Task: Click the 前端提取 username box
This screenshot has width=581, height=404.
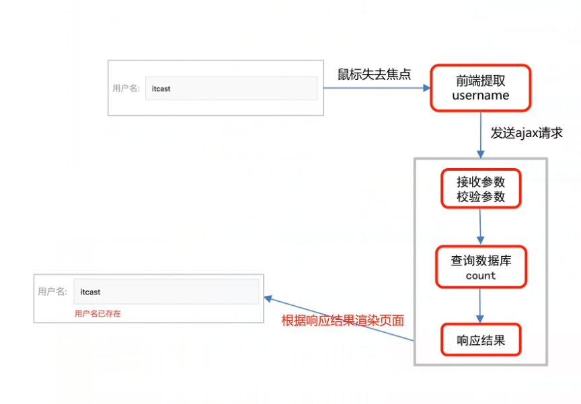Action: pos(480,87)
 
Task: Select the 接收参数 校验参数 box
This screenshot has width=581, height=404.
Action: pos(480,189)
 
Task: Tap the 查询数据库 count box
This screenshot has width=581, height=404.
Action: pos(480,267)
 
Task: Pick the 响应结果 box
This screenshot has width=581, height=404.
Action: pos(480,340)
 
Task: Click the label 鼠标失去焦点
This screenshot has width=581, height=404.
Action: pos(374,73)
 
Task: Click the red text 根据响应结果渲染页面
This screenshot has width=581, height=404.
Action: pos(343,320)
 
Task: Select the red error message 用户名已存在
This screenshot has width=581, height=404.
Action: pos(98,313)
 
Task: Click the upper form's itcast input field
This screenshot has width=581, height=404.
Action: pos(231,88)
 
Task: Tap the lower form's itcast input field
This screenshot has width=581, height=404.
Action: pos(165,292)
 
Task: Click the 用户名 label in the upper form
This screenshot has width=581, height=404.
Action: pos(126,88)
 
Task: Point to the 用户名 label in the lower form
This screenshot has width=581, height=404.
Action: pos(52,292)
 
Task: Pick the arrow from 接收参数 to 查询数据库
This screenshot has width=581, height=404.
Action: pos(480,227)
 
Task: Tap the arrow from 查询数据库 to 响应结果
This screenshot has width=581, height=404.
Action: pos(480,306)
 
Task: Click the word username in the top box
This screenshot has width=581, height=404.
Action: pos(480,95)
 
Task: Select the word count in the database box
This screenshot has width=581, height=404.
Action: pos(480,276)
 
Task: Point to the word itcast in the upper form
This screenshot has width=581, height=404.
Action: pos(161,88)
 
